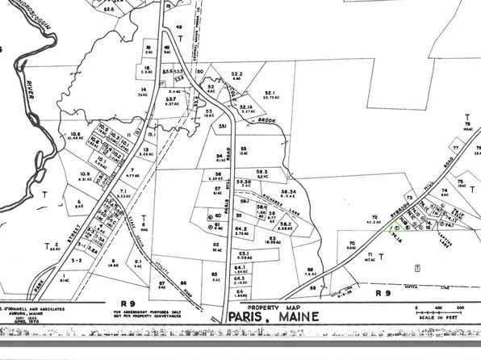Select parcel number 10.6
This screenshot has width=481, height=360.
pos(77,135)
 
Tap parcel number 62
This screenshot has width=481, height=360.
pos(215,244)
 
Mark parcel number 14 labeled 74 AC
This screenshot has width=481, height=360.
pos(143,90)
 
